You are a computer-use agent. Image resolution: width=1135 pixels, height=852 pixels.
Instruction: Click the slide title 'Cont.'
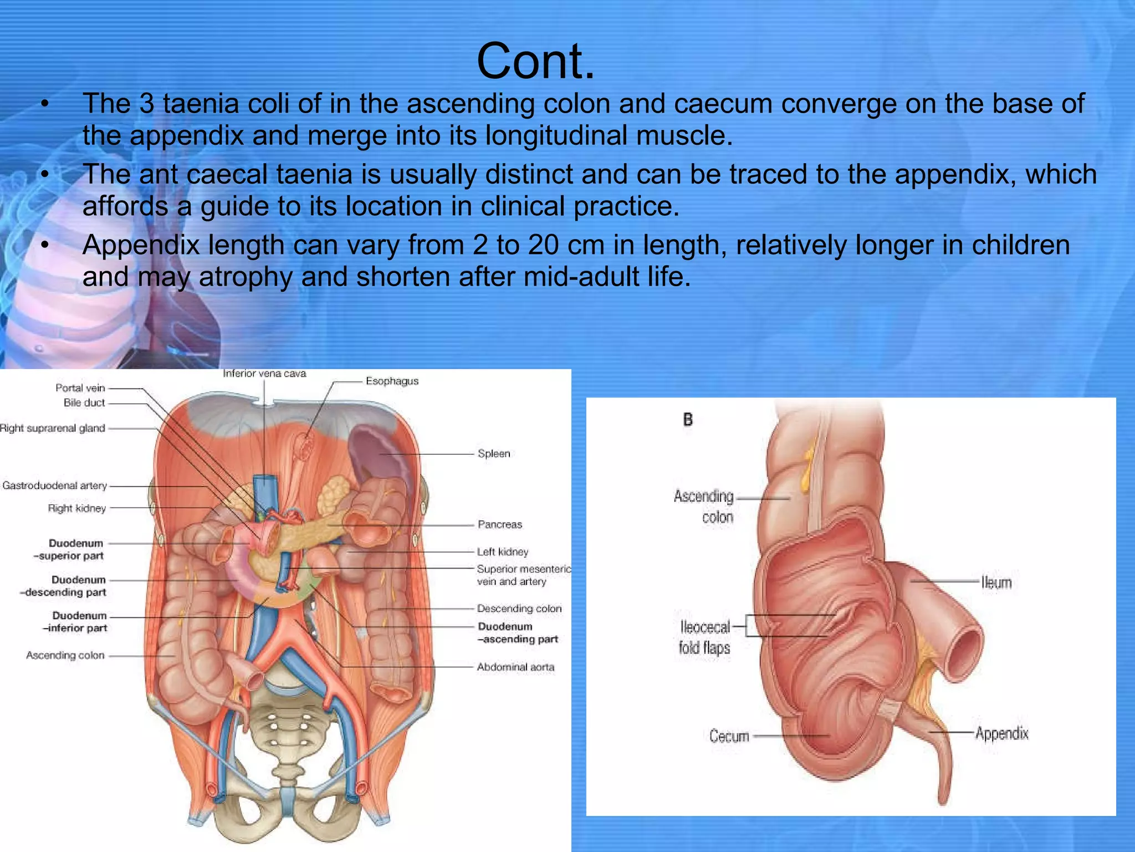click(x=535, y=61)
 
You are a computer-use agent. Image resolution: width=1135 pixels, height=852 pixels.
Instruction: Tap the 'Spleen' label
click(x=493, y=454)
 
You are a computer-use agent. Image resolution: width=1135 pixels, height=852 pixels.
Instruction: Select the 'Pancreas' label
click(x=499, y=525)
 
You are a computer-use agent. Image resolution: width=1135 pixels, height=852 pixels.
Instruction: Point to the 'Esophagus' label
click(x=392, y=381)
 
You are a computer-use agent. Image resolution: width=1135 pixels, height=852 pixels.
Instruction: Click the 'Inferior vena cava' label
click(x=264, y=374)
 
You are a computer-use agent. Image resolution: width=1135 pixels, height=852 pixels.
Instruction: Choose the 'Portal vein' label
click(x=80, y=388)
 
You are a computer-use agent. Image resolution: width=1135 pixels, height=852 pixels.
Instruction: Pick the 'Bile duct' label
click(x=84, y=403)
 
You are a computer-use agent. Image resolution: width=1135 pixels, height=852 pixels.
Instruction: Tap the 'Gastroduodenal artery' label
click(x=54, y=486)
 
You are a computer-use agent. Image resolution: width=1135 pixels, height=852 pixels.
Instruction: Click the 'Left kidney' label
click(x=503, y=552)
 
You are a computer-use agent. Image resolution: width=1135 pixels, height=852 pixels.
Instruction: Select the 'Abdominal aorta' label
click(x=515, y=667)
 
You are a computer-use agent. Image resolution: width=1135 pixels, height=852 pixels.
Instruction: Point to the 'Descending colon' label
click(x=519, y=609)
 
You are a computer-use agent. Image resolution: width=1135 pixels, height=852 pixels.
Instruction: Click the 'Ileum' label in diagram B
click(x=996, y=582)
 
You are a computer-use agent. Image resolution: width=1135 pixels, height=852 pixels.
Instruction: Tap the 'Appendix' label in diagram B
click(x=1001, y=734)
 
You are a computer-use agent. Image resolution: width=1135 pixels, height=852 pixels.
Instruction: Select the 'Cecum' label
click(x=729, y=737)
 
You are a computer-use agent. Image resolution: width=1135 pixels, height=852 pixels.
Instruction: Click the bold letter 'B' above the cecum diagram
click(x=688, y=420)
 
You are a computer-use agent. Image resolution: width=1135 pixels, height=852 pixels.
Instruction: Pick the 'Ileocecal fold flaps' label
click(x=704, y=637)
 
